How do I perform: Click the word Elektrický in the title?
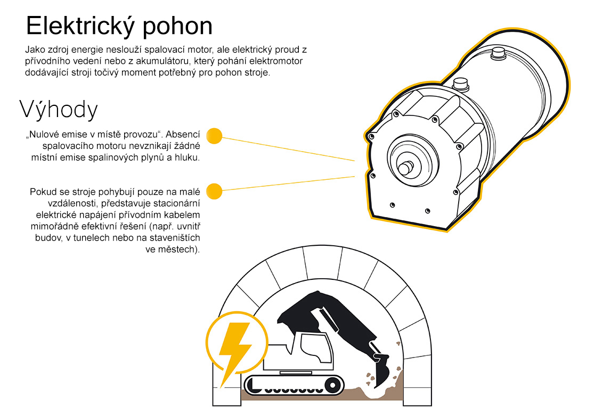tap(80, 26)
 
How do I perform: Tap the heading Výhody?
tap(59, 110)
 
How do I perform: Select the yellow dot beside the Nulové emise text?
tap(214, 136)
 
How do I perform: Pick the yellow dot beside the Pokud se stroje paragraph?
tap(214, 191)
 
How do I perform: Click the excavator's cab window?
tap(317, 346)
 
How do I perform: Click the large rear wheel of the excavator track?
tap(332, 385)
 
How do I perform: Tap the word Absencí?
tap(183, 135)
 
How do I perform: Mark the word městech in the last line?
tap(177, 250)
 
